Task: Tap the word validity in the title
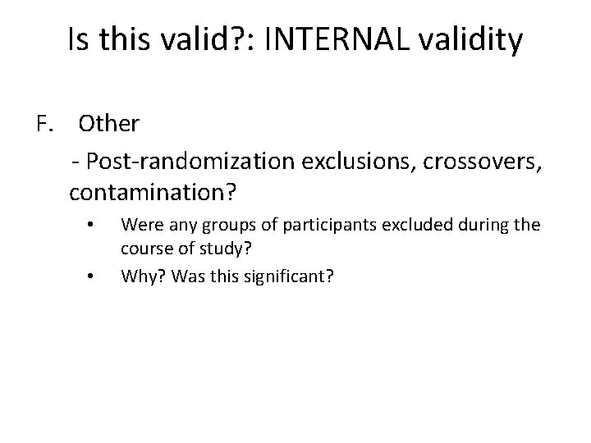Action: click(467, 40)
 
